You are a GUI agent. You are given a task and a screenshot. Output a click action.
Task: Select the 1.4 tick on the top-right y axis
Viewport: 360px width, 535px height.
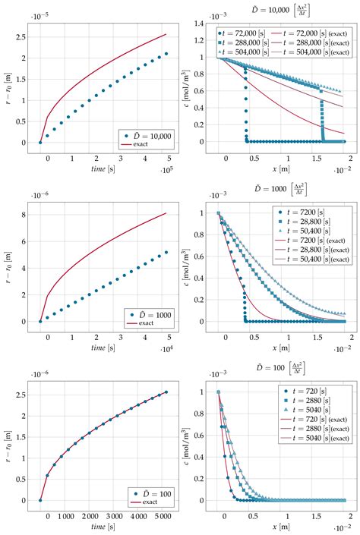(201, 24)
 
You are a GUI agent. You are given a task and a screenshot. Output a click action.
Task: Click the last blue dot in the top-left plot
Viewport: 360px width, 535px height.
(166, 54)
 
